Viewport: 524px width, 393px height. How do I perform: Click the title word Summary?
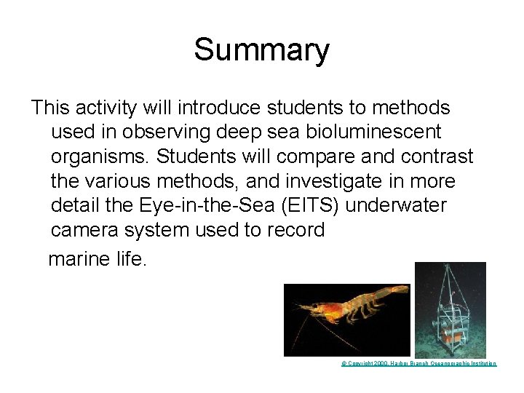coord(261,50)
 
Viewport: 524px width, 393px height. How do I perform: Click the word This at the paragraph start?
coord(49,108)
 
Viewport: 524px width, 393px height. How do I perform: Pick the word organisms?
coord(98,157)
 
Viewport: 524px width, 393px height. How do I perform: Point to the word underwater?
coord(396,206)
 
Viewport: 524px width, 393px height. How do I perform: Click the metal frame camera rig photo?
coord(450,309)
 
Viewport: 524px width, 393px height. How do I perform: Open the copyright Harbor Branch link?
coord(419,363)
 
